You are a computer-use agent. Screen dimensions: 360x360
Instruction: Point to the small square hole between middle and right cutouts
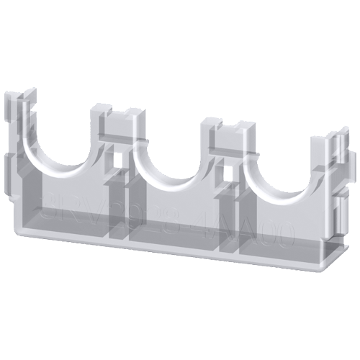point(229,174)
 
